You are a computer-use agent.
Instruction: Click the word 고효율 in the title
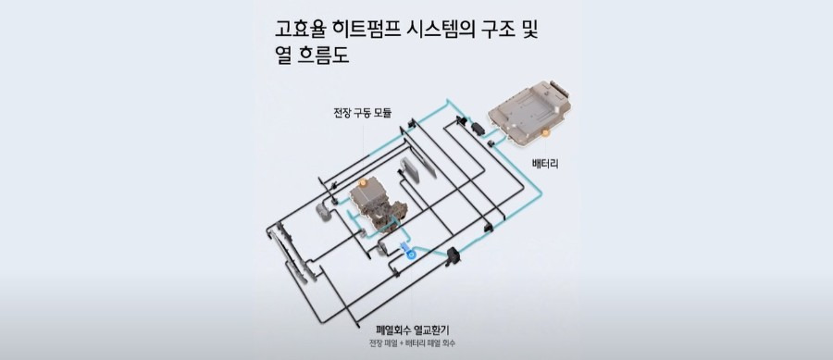click(x=299, y=29)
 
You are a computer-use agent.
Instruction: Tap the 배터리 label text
click(x=544, y=164)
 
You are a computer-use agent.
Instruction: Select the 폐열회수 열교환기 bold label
click(x=412, y=330)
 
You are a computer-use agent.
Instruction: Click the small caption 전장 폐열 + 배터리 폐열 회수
click(x=412, y=343)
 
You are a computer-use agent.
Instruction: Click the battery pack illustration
click(x=530, y=112)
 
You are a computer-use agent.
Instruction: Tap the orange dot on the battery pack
click(x=544, y=132)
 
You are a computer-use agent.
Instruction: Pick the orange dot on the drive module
click(x=363, y=183)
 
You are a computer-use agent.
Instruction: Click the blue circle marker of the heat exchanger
click(x=410, y=254)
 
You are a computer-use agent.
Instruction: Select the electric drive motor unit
click(x=379, y=206)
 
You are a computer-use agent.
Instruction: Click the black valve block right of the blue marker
click(x=453, y=255)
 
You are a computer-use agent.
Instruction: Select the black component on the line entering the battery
click(x=477, y=128)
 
